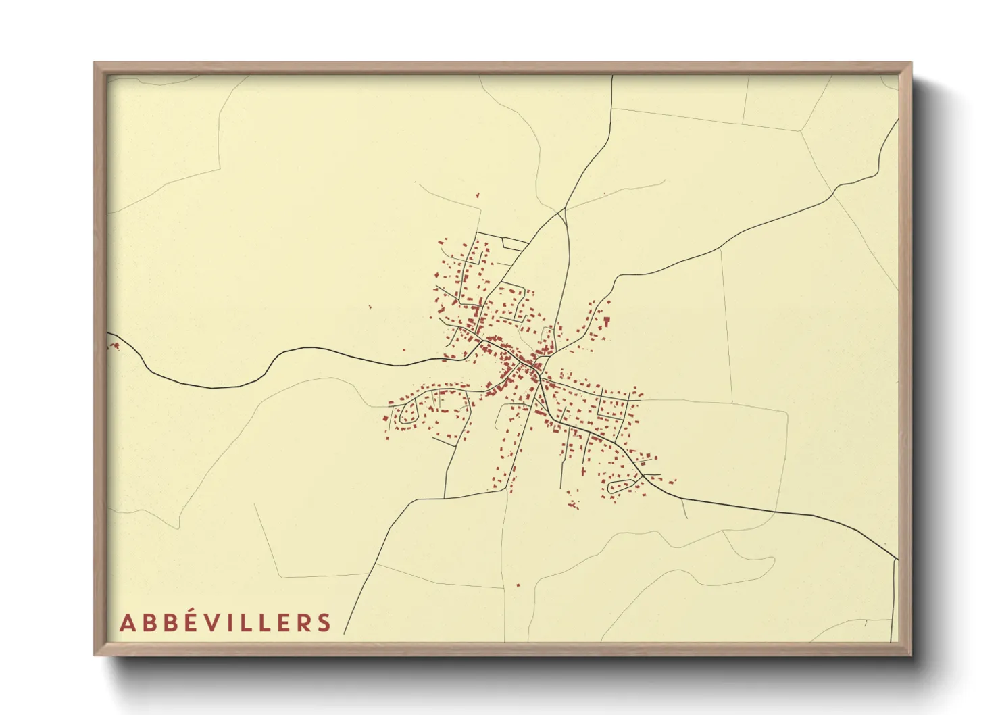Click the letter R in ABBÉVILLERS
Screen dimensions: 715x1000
pyautogui.click(x=303, y=623)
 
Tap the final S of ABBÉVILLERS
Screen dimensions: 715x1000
pyautogui.click(x=324, y=623)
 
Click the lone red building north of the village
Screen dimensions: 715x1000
pyautogui.click(x=478, y=195)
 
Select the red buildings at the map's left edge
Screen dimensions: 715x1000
pyautogui.click(x=114, y=346)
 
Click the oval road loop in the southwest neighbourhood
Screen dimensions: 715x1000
pyautogui.click(x=409, y=414)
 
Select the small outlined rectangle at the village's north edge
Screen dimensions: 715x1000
pyautogui.click(x=514, y=242)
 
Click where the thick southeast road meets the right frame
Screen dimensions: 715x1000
pyautogui.click(x=897, y=559)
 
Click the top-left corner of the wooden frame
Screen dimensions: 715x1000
pyautogui.click(x=95, y=64)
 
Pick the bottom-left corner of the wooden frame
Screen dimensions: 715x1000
pyautogui.click(x=95, y=654)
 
